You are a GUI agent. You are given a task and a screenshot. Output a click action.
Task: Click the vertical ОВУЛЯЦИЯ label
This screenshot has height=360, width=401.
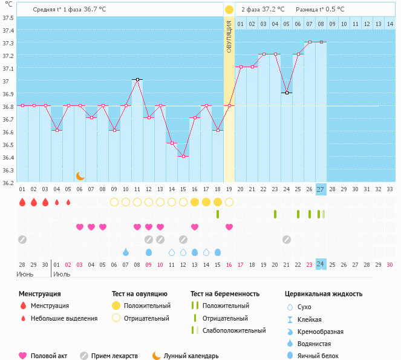(229, 36)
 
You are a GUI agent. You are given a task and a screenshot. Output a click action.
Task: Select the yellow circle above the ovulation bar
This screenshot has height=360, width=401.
(229, 10)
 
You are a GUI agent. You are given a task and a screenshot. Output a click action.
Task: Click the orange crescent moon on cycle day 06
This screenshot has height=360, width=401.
(80, 176)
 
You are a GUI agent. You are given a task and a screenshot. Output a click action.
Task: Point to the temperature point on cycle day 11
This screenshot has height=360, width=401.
(137, 79)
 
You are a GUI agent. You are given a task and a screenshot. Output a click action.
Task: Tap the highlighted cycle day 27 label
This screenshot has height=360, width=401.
(321, 189)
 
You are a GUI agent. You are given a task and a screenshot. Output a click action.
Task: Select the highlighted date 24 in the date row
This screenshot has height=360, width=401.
(321, 264)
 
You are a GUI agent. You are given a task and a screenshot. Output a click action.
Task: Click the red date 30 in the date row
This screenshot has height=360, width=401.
(390, 264)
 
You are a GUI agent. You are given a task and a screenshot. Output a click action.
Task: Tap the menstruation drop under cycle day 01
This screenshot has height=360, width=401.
(22, 202)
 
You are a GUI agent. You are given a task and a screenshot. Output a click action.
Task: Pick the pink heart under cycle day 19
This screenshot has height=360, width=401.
(229, 227)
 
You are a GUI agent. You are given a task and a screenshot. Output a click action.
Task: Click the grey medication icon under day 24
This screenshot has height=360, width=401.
(287, 239)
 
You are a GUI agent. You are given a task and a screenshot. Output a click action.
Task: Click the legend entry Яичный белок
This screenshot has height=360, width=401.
(321, 356)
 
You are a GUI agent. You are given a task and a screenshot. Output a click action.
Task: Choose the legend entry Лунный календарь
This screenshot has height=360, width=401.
(191, 356)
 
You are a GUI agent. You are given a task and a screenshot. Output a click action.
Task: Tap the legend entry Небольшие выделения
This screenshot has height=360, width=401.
(64, 318)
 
